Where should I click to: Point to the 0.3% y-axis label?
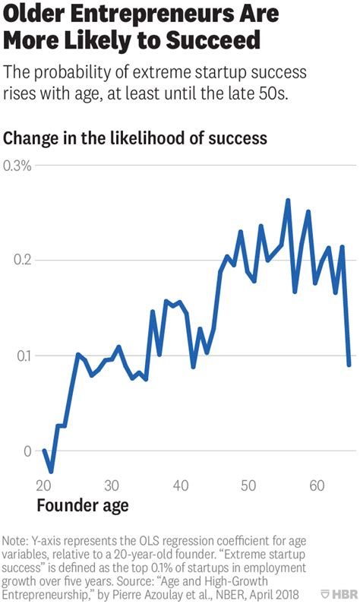pos(17,166)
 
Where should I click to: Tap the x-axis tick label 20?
pos(43,485)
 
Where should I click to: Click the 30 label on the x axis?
pos(112,485)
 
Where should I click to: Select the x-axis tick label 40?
pos(180,485)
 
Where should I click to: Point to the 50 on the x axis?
pos(248,485)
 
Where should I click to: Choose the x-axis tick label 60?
pos(317,485)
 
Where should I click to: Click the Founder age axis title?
pos(83,505)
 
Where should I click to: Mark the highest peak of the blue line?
pos(288,201)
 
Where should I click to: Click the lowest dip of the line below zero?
pos(51,472)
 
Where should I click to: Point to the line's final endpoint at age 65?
pos(349,365)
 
